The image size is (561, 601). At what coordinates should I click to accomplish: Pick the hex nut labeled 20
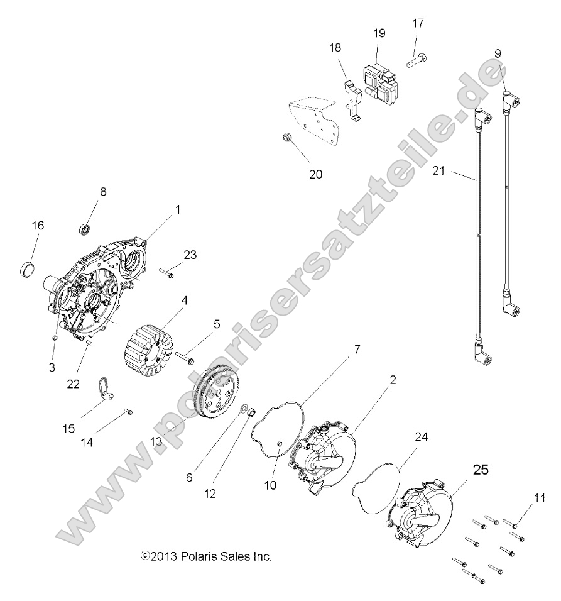284,137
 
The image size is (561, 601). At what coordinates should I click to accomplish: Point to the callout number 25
480,470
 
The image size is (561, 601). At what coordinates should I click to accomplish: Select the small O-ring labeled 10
278,446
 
